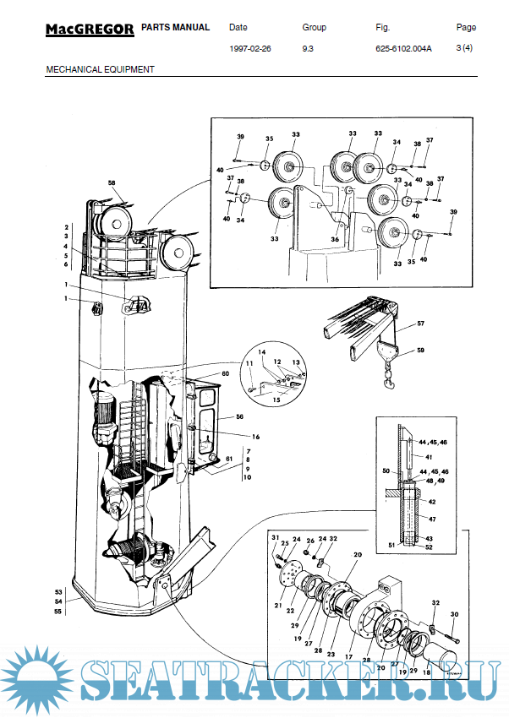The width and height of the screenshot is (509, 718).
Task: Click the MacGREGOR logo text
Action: pos(89,30)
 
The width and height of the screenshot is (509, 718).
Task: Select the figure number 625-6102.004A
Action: pos(403,49)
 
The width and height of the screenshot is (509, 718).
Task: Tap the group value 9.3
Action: pos(309,49)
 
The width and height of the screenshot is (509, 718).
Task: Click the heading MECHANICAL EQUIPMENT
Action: pos(100,69)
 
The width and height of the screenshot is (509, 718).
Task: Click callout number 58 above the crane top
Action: pos(112,183)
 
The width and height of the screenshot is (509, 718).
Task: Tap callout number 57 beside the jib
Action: pos(421,324)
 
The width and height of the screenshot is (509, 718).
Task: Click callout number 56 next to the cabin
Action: pos(239,417)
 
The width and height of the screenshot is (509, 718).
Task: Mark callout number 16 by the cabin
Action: pos(254,437)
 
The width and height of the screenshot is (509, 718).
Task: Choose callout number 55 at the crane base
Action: pos(58,610)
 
